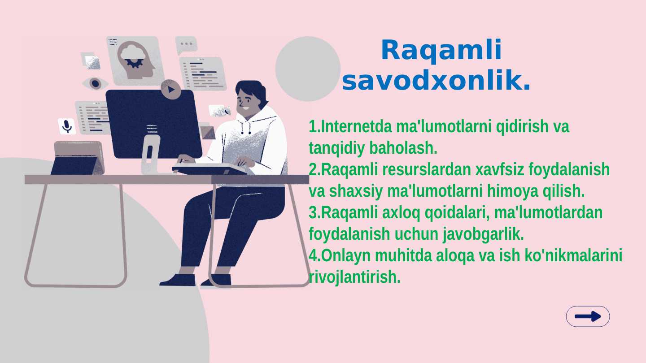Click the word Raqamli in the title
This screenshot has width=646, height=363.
441,50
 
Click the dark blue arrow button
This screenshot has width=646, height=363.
588,316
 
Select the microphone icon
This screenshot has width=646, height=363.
67,126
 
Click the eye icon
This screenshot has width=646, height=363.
95,83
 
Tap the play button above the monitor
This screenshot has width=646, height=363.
170,89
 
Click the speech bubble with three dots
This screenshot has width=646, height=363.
186,44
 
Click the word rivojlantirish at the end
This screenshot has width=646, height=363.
354,277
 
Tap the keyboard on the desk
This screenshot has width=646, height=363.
209,169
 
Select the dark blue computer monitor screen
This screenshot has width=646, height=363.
153,123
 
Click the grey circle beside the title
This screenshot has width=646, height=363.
308,69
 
